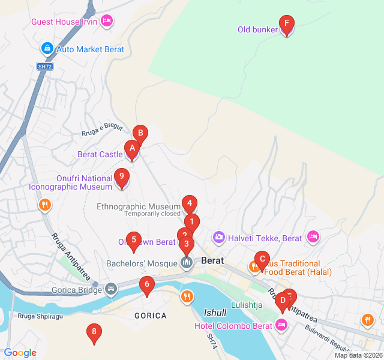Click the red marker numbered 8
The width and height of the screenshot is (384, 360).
94,332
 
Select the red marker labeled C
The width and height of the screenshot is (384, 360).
262,260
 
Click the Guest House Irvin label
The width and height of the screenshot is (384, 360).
65,22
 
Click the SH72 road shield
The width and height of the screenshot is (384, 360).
45,66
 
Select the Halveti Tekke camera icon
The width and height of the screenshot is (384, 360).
219,238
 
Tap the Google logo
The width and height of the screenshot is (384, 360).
20,353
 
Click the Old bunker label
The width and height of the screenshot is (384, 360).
257,29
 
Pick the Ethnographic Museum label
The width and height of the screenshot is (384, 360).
139,206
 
